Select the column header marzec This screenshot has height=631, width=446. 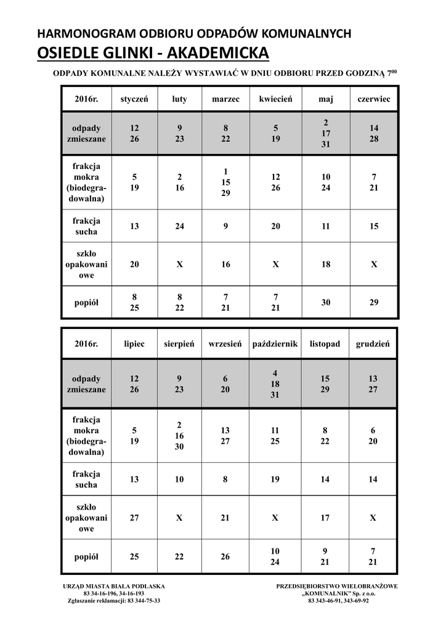coord(225,99)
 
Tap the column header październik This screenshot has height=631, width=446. coord(275,344)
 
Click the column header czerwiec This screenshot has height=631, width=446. coord(374,99)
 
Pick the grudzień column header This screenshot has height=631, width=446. coord(373,344)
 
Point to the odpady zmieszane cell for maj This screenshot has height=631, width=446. coord(326,133)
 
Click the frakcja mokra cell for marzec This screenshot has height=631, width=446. coord(225,182)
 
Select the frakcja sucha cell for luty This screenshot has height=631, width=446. coord(179,226)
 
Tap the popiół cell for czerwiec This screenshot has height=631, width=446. coord(374,302)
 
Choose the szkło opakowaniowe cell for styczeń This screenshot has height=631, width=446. coord(134,264)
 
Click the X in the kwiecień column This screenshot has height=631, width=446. coord(275,264)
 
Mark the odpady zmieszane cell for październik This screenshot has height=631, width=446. coord(275,384)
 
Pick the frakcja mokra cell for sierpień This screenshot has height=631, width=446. coord(179,436)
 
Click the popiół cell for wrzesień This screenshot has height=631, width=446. coord(225,556)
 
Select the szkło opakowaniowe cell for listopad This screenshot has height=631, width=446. coord(326,518)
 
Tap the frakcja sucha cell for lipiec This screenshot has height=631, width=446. coord(134,479)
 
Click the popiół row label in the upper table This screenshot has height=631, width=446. coord(86,302)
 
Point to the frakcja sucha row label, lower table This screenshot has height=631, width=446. coord(86,479)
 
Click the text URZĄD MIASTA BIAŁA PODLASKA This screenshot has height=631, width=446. coord(114,585)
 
